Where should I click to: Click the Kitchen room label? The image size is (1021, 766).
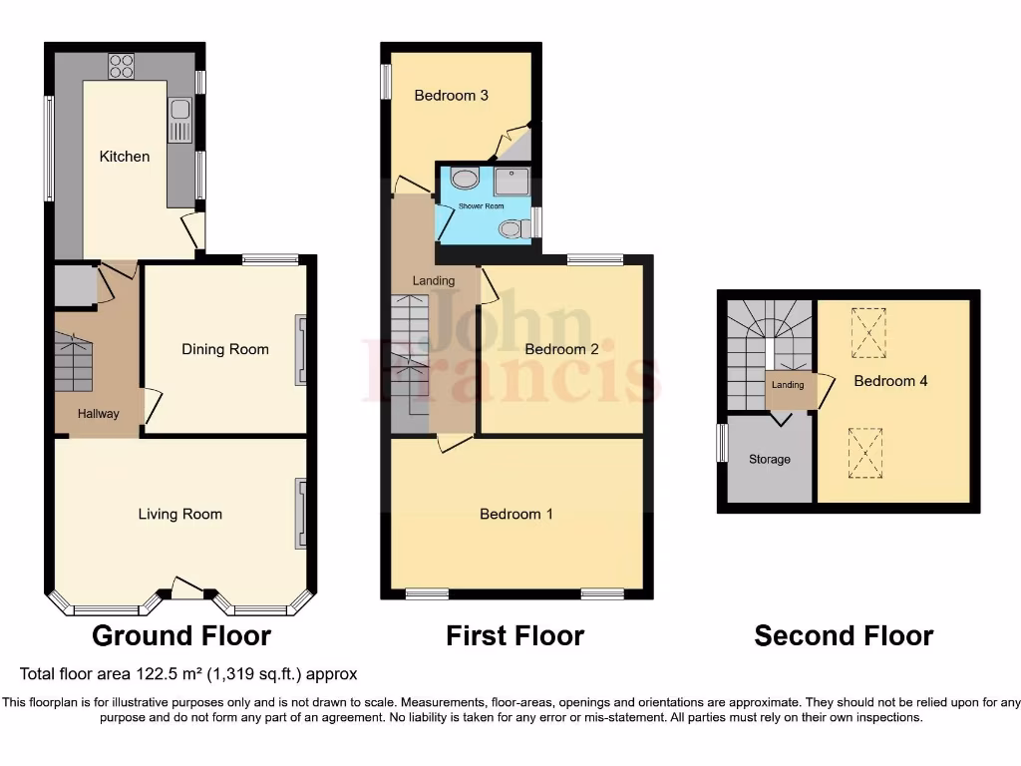pyautogui.click(x=125, y=157)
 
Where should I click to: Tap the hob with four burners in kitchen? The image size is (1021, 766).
pyautogui.click(x=122, y=66)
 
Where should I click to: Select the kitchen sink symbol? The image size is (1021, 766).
pyautogui.click(x=180, y=120)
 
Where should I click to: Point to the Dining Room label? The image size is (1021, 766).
pyautogui.click(x=225, y=349)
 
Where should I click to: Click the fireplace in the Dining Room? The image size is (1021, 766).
pyautogui.click(x=300, y=350)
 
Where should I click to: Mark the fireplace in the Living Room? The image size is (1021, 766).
pyautogui.click(x=300, y=514)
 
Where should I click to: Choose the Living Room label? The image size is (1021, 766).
pyautogui.click(x=179, y=515)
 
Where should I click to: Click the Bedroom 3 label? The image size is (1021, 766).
pyautogui.click(x=451, y=96)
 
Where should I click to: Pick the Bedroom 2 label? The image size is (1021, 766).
pyautogui.click(x=561, y=349)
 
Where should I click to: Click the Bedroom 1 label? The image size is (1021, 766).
pyautogui.click(x=515, y=515)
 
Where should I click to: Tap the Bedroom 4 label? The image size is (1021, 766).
pyautogui.click(x=890, y=381)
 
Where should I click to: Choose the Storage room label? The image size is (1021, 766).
pyautogui.click(x=770, y=460)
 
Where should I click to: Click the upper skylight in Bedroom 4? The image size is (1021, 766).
pyautogui.click(x=867, y=332)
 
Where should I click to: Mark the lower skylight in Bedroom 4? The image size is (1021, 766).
pyautogui.click(x=865, y=452)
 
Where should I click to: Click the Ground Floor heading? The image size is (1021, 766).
pyautogui.click(x=180, y=635)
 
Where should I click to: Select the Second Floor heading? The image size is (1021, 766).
pyautogui.click(x=844, y=635)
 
